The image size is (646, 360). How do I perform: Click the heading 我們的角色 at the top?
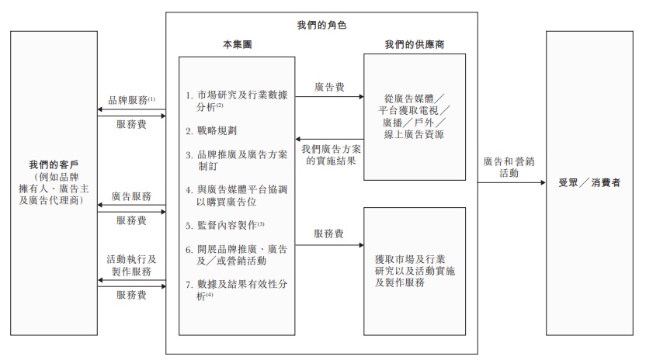321,25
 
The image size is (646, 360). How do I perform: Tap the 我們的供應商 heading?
415,44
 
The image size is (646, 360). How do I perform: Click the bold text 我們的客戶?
54,164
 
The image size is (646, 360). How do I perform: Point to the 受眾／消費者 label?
594,183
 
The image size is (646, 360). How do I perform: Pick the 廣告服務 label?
131,197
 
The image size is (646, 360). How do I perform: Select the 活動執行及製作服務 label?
131,265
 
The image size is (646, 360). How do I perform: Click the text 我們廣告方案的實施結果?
329,154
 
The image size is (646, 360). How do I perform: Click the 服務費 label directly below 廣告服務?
131,220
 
